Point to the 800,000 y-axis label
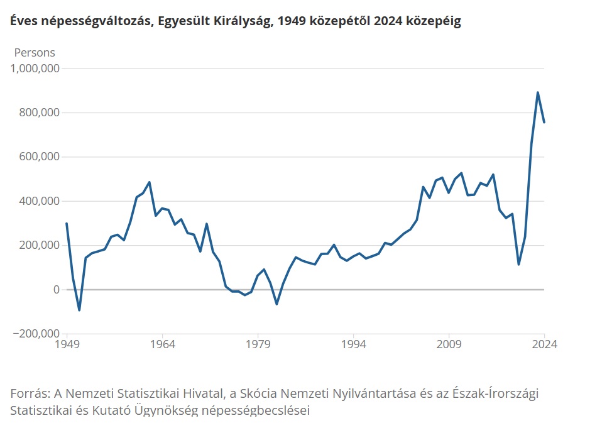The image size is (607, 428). click(40, 113)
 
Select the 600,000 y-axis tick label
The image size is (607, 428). click(40, 157)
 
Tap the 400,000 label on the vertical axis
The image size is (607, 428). click(40, 201)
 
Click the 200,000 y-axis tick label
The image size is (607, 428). click(40, 245)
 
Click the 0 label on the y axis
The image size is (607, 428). click(55, 290)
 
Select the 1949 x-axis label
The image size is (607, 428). click(67, 344)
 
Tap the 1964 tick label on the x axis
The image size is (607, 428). click(162, 344)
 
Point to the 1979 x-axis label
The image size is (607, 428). click(258, 344)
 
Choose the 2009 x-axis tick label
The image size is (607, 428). click(449, 344)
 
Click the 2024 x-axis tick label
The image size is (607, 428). click(544, 344)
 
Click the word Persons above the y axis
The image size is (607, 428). click(35, 53)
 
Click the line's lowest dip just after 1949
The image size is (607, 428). click(79, 310)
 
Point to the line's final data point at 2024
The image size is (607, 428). click(544, 123)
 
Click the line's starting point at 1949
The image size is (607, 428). click(67, 224)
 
